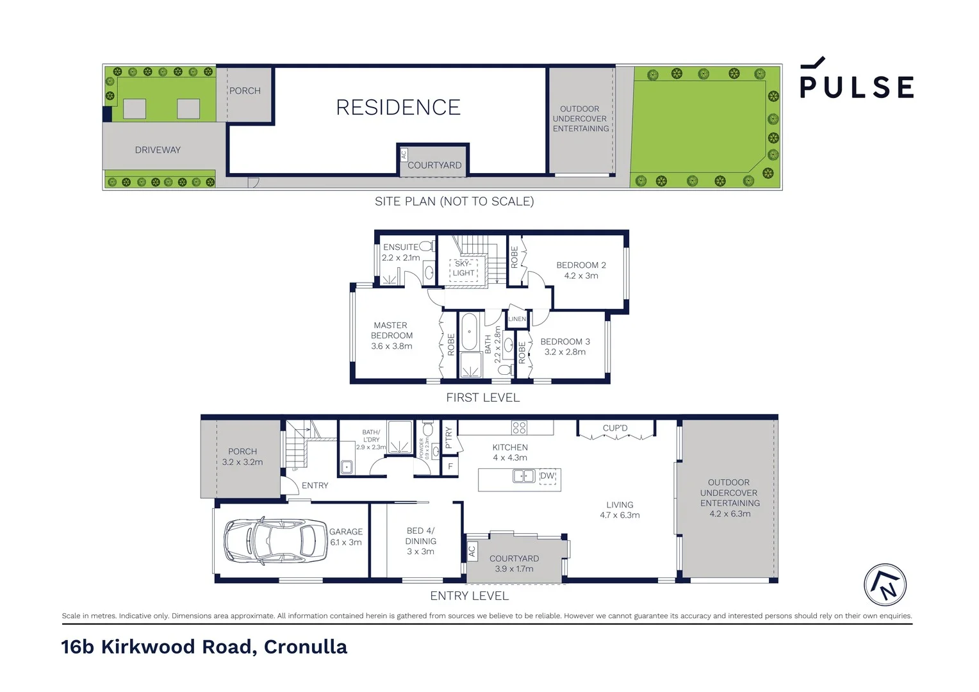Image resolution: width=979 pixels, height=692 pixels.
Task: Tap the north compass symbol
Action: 885,585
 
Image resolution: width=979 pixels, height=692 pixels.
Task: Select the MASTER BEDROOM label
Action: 391,331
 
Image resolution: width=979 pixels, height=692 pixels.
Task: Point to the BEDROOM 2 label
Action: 580,265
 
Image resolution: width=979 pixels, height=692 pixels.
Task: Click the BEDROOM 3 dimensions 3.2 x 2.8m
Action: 564,352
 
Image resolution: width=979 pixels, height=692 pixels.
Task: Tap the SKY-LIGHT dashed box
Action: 463,268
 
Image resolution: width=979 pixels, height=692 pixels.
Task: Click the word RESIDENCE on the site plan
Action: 398,108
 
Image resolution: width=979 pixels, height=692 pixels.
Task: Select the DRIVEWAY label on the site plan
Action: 158,150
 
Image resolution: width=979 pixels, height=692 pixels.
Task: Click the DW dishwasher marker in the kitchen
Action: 547,476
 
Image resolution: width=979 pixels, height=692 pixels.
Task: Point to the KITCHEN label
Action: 510,448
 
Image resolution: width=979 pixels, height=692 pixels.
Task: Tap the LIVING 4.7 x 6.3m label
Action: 620,510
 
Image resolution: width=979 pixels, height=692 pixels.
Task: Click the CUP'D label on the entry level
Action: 615,428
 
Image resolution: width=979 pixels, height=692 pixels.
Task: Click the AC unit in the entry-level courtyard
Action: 472,550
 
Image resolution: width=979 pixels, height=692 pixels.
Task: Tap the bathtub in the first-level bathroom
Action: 469,331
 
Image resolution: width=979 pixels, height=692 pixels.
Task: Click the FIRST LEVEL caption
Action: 482,398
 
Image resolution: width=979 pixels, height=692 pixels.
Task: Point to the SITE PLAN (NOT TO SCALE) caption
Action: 454,201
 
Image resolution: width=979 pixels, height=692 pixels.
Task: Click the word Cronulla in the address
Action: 305,647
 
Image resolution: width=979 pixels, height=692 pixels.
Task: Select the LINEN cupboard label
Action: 516,319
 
